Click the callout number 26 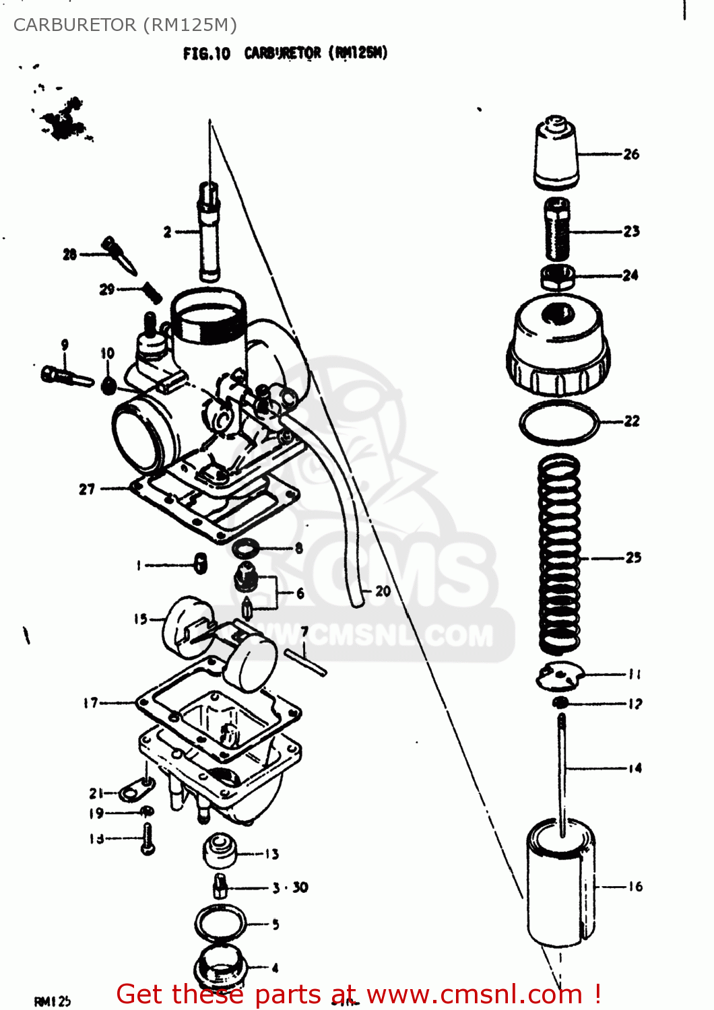[631, 154]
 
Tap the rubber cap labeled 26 [556, 154]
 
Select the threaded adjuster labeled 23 [557, 230]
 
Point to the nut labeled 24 [558, 275]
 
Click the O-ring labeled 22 [559, 423]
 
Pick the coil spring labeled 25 [559, 553]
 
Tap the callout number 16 [635, 887]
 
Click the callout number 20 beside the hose [383, 591]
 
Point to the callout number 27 [87, 489]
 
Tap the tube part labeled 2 [209, 232]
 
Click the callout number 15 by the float [140, 618]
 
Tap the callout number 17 [91, 703]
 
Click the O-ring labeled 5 [220, 922]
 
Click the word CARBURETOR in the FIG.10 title [282, 53]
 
